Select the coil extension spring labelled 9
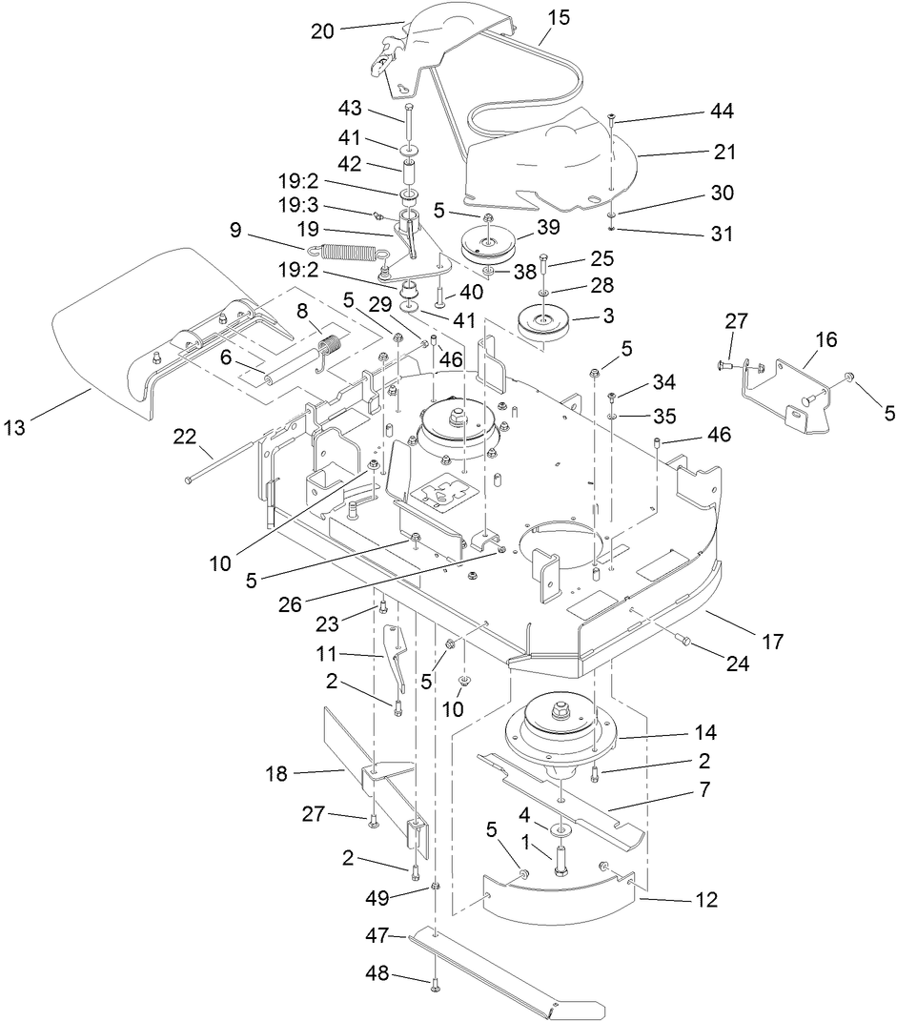pos(347,253)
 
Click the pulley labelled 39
pos(489,245)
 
